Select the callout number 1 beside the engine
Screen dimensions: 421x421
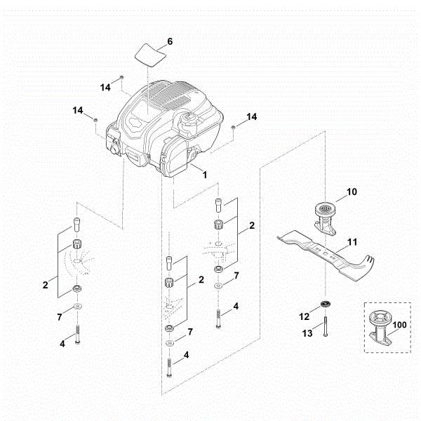point(204,172)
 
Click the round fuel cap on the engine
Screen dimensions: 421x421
point(190,121)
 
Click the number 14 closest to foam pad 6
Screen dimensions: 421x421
point(105,88)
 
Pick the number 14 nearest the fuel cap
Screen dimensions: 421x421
point(250,116)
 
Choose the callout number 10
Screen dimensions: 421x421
point(352,190)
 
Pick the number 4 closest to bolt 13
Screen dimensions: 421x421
point(236,306)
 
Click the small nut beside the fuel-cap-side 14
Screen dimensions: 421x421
point(232,126)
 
